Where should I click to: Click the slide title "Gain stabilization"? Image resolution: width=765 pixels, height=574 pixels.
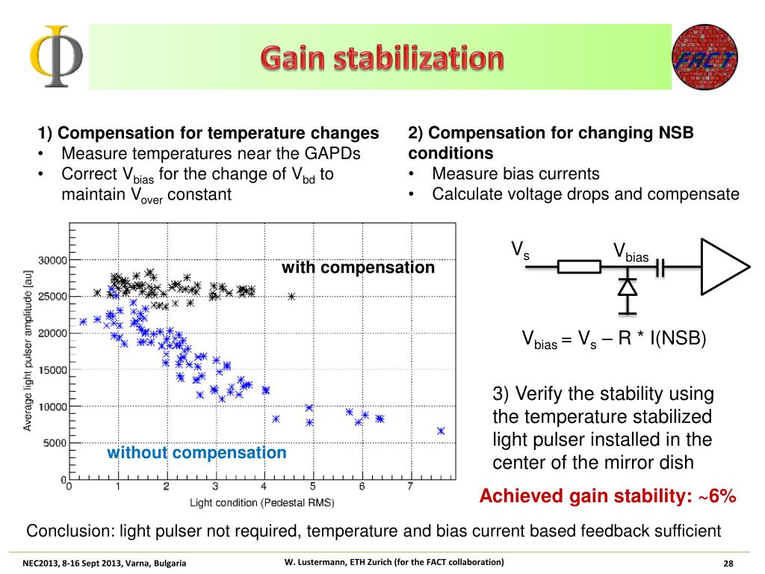click(x=382, y=58)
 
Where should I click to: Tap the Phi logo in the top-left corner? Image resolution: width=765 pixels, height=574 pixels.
click(x=55, y=57)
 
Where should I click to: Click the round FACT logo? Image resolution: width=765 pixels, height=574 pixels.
click(x=705, y=58)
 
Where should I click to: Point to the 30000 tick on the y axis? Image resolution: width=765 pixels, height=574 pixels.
click(x=52, y=260)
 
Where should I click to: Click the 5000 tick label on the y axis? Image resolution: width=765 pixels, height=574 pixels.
click(x=55, y=442)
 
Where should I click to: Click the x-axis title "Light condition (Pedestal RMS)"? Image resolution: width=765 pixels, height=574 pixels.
click(x=261, y=502)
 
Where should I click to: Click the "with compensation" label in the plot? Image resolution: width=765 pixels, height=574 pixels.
click(x=358, y=267)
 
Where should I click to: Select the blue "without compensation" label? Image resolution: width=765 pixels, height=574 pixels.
click(x=196, y=453)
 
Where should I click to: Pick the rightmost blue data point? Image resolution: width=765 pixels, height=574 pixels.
click(x=441, y=430)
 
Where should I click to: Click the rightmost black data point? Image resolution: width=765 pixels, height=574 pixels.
click(x=291, y=296)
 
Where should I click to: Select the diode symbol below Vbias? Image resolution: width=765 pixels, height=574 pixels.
click(x=628, y=287)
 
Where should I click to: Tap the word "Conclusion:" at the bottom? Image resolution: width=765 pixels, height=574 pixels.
click(x=66, y=531)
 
